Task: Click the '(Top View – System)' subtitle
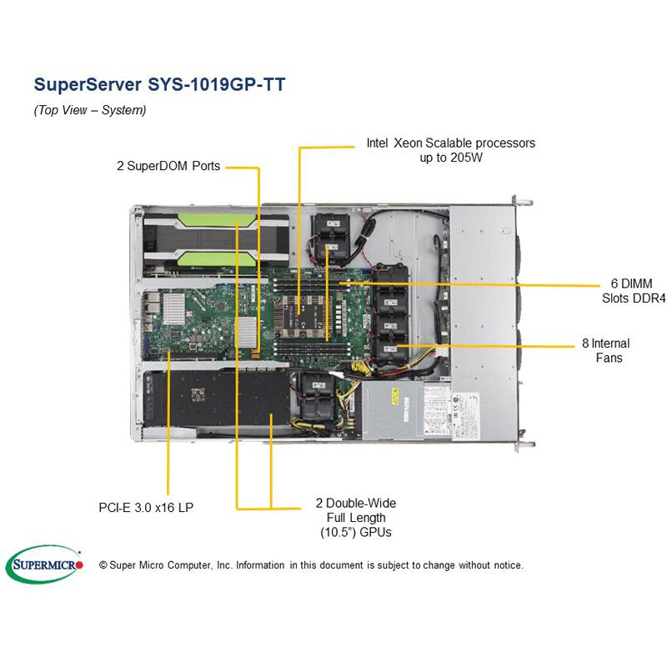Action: click(x=90, y=110)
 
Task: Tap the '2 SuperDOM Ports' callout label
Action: click(x=168, y=166)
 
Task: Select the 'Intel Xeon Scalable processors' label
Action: click(x=450, y=143)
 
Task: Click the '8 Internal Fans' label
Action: click(x=605, y=350)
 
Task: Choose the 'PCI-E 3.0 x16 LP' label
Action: click(x=142, y=505)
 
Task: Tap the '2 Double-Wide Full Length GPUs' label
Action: click(x=355, y=517)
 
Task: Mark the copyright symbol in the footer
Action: click(x=103, y=565)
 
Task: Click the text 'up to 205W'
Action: click(x=450, y=158)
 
